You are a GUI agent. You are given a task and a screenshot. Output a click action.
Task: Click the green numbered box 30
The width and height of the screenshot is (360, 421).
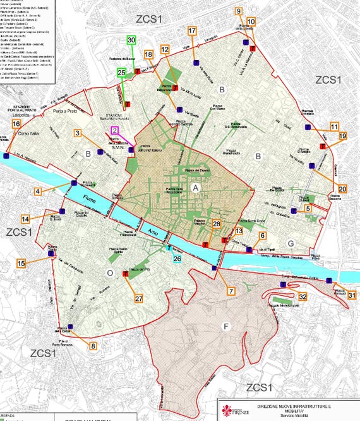tap(131, 40)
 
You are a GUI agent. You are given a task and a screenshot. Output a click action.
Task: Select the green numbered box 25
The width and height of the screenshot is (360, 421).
tap(122, 72)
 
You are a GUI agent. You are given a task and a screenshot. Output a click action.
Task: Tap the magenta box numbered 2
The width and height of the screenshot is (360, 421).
tap(114, 130)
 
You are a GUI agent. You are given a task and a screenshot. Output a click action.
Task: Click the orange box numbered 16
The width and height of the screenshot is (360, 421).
tap(15, 125)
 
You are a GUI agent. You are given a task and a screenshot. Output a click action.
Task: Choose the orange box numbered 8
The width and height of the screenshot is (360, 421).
tap(93, 346)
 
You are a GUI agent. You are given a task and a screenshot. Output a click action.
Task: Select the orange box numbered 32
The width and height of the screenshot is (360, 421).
tap(303, 296)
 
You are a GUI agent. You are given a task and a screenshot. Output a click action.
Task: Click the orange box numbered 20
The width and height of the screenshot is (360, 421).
tap(343, 188)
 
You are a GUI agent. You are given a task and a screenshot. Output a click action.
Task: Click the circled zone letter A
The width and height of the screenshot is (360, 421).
tap(196, 188)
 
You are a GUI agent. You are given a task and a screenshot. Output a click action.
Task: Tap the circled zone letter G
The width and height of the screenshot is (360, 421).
tap(291, 243)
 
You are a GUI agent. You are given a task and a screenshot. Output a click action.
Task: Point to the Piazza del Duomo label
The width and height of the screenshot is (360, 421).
tap(197, 171)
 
